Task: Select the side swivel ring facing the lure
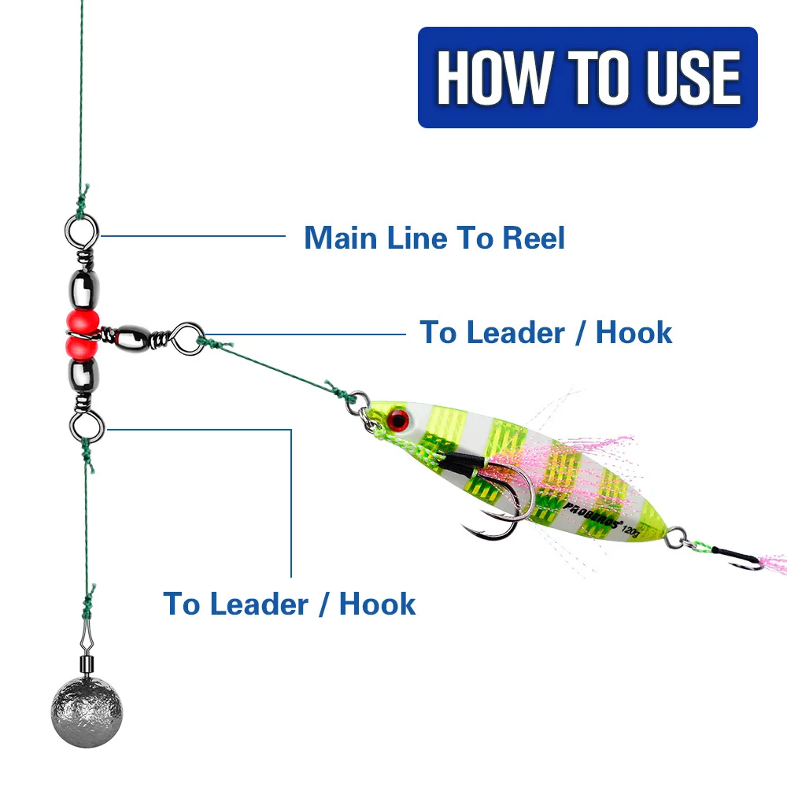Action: point(187,338)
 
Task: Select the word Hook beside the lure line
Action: point(634,332)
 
